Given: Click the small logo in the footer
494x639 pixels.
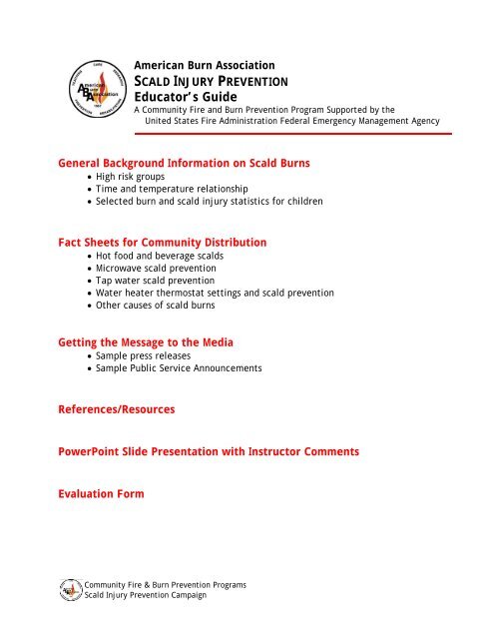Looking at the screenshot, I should [72, 590].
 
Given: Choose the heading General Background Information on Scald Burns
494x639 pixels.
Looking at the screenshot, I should [186, 162].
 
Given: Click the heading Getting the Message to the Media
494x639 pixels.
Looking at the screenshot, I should [148, 341].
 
